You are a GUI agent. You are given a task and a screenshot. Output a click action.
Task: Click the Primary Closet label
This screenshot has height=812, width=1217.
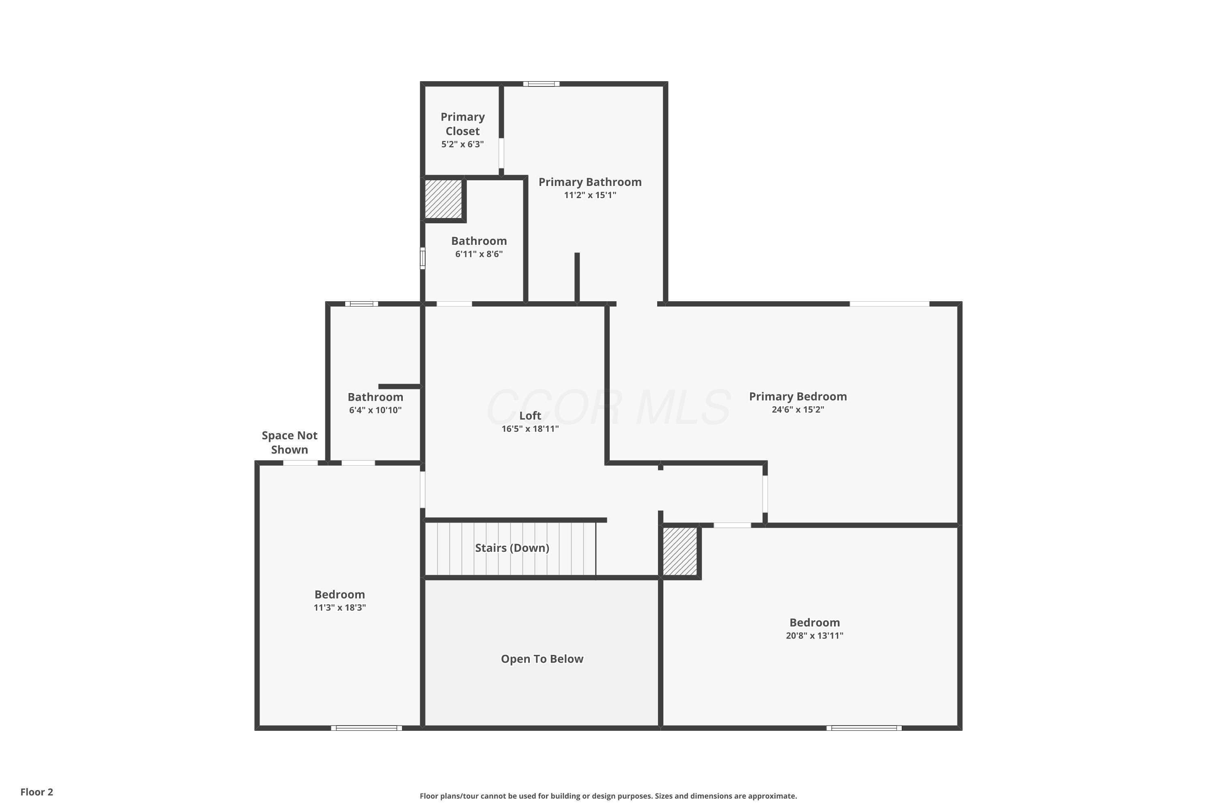click(x=462, y=124)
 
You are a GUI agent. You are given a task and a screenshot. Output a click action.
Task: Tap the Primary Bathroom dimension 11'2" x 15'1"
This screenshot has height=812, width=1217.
click(x=590, y=195)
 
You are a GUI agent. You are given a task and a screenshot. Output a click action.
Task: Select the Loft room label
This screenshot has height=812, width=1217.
click(x=530, y=415)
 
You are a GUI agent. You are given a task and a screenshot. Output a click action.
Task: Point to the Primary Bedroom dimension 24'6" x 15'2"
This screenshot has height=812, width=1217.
click(x=798, y=410)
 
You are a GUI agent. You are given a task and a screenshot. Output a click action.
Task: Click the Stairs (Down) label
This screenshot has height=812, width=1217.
click(x=512, y=548)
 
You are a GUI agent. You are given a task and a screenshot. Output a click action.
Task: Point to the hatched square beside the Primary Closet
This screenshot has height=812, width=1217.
click(x=443, y=199)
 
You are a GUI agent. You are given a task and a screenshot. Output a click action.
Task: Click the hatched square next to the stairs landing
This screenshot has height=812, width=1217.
click(x=680, y=551)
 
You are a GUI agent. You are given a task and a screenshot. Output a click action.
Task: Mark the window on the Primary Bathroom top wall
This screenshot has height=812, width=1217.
click(x=541, y=84)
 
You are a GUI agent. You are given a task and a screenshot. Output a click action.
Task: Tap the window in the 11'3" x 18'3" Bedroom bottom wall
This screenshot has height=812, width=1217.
click(x=366, y=728)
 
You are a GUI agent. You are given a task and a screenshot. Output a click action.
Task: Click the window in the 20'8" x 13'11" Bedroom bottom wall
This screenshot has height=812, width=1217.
click(x=864, y=728)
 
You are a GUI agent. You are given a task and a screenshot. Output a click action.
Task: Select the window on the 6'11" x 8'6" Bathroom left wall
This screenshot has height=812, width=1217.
click(x=423, y=258)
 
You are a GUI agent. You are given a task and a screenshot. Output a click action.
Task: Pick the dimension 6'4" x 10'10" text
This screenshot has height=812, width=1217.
click(x=375, y=410)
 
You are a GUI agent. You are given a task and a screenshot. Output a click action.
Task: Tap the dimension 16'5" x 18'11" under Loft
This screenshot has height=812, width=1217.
click(x=530, y=429)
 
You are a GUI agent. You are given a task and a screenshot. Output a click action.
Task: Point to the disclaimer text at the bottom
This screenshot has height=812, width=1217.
click(x=608, y=796)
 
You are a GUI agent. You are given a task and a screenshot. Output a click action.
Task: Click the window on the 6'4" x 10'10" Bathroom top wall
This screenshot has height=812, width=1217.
click(x=362, y=304)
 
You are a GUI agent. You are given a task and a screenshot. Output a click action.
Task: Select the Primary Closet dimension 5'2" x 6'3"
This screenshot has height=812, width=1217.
click(x=462, y=145)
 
